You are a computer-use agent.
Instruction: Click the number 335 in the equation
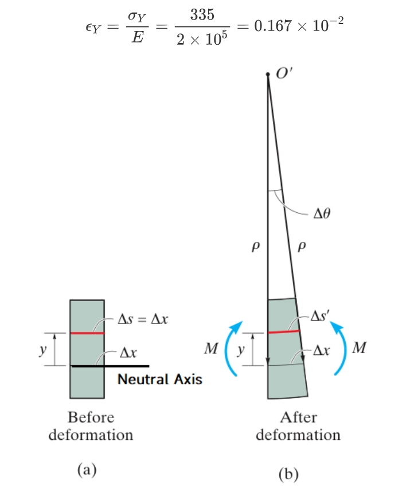[202, 15]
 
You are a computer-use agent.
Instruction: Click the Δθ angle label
[323, 214]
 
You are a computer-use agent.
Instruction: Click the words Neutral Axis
[160, 379]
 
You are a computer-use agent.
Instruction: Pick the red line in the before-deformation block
[87, 333]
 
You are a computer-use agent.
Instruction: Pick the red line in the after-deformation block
[284, 331]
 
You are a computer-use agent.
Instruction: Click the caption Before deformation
[91, 425]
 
